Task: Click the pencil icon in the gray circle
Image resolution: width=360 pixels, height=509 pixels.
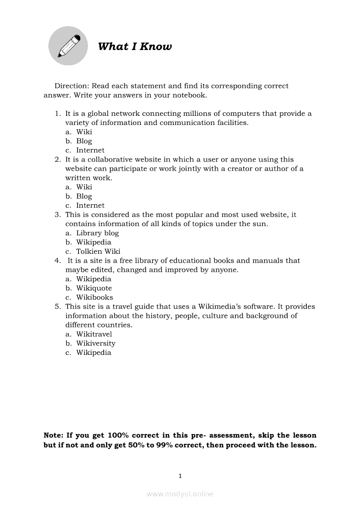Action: pyautogui.click(x=68, y=46)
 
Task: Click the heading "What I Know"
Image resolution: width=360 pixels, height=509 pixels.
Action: pyautogui.click(x=135, y=47)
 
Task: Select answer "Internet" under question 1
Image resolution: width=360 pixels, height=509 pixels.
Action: pyautogui.click(x=90, y=150)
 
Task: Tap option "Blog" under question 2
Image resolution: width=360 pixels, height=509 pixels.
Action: pyautogui.click(x=84, y=196)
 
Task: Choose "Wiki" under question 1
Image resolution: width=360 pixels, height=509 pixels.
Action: pyautogui.click(x=84, y=132)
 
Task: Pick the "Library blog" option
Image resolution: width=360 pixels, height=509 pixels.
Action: pyautogui.click(x=97, y=233)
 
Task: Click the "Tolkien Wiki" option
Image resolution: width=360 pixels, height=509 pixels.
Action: pyautogui.click(x=98, y=251)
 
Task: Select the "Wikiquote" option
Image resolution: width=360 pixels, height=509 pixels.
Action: pyautogui.click(x=94, y=288)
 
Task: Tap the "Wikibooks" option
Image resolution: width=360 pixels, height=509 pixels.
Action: pyautogui.click(x=95, y=297)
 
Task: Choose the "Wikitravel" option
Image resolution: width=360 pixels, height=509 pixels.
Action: pyautogui.click(x=94, y=334)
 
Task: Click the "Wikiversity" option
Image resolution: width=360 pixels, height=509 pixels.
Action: pyautogui.click(x=95, y=344)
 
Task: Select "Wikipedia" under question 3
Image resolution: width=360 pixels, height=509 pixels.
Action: pyautogui.click(x=94, y=242)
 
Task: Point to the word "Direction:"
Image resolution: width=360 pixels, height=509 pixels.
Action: pyautogui.click(x=71, y=86)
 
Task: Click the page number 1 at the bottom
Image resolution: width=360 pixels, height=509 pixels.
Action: pyautogui.click(x=180, y=476)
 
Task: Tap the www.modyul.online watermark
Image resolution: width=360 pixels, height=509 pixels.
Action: pyautogui.click(x=180, y=494)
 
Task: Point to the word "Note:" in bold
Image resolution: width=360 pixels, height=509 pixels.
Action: pyautogui.click(x=54, y=435)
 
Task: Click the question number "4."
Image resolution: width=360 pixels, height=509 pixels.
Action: pyautogui.click(x=58, y=261)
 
